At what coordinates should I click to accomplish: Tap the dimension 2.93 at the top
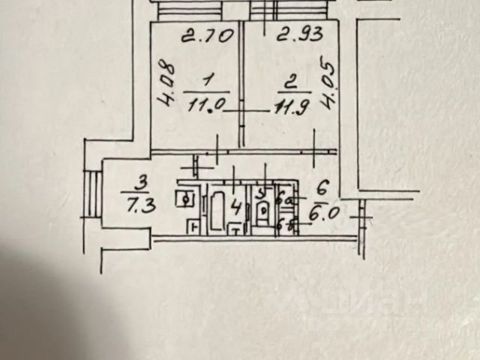click(x=299, y=34)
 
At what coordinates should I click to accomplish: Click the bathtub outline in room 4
click(x=220, y=210)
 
